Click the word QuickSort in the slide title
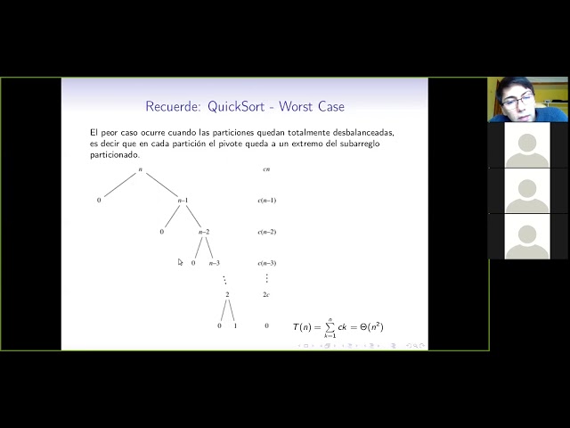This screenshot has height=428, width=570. pyautogui.click(x=239, y=108)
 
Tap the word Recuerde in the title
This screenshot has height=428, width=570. pyautogui.click(x=172, y=108)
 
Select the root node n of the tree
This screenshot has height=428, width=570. pyautogui.click(x=140, y=169)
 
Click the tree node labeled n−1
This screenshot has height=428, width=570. pyautogui.click(x=183, y=201)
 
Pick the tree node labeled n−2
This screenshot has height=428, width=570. pyautogui.click(x=203, y=232)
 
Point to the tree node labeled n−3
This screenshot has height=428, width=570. pyautogui.click(x=214, y=263)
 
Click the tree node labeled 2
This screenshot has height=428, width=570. pyautogui.click(x=227, y=294)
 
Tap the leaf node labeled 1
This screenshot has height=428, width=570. pyautogui.click(x=235, y=326)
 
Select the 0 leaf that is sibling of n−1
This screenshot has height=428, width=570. pyautogui.click(x=99, y=201)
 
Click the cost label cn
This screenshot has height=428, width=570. pyautogui.click(x=266, y=169)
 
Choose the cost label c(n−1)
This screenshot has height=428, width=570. pyautogui.click(x=266, y=201)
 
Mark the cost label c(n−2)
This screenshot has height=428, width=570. pyautogui.click(x=266, y=232)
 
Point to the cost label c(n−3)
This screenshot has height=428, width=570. pyautogui.click(x=266, y=263)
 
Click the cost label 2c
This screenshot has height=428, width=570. pyautogui.click(x=266, y=294)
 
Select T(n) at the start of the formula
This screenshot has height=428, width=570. pyautogui.click(x=304, y=327)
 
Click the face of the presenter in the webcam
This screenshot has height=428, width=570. pyautogui.click(x=517, y=99)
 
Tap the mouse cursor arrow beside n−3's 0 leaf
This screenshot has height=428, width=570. pyautogui.click(x=180, y=262)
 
